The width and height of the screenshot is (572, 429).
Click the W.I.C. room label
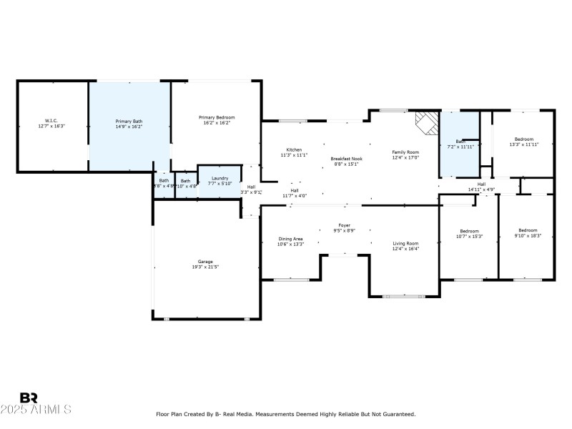51,121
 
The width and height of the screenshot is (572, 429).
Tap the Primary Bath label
129,121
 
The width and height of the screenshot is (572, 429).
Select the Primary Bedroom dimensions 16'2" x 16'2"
216,123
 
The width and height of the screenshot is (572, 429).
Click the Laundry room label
220,177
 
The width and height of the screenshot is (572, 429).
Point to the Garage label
205,262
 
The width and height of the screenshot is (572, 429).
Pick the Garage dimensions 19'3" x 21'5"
205,267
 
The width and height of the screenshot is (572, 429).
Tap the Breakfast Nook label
346,158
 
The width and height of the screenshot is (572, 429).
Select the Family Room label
405,152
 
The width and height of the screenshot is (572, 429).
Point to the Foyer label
344,225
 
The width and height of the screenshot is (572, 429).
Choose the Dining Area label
290,239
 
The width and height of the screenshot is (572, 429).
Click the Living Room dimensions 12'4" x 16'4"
405,250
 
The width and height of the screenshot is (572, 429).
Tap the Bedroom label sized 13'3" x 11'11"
523,139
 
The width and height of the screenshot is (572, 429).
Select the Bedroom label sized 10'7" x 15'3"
469,231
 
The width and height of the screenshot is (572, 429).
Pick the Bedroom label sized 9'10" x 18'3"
529,231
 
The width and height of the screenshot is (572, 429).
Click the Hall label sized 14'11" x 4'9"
481,184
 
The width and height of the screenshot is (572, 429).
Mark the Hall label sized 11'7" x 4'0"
294,190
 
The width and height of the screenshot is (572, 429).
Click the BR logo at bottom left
29,398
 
